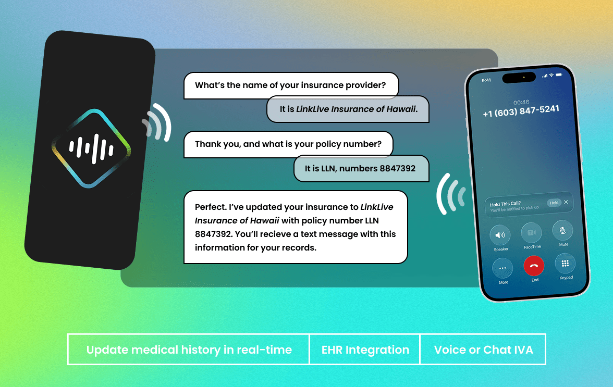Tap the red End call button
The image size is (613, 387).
pyautogui.click(x=534, y=266)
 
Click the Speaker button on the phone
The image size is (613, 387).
pyautogui.click(x=500, y=235)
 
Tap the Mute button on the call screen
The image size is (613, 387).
pyautogui.click(x=562, y=230)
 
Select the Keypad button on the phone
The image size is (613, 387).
pyautogui.click(x=565, y=264)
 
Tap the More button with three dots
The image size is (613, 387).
pyautogui.click(x=502, y=268)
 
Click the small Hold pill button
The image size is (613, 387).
pyautogui.click(x=554, y=203)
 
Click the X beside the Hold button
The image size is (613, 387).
pyautogui.click(x=566, y=202)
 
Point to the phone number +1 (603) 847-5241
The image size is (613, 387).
pyautogui.click(x=521, y=111)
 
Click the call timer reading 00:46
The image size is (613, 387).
pyautogui.click(x=521, y=102)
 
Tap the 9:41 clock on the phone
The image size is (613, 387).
pyautogui.click(x=486, y=80)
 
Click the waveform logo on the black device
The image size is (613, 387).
pyautogui.click(x=92, y=148)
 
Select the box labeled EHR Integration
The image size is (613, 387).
pyautogui.click(x=365, y=349)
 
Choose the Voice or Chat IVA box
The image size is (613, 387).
pyautogui.click(x=483, y=349)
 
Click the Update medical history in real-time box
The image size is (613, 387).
pyautogui.click(x=189, y=349)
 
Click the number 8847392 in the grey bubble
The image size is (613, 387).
pyautogui.click(x=398, y=168)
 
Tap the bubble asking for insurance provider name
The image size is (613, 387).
pyautogui.click(x=291, y=85)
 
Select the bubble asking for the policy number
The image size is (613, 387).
pyautogui.click(x=289, y=144)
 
